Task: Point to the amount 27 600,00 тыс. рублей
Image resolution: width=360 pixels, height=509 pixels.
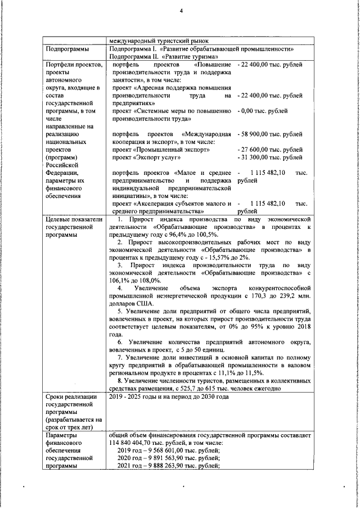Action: [x=272, y=150]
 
